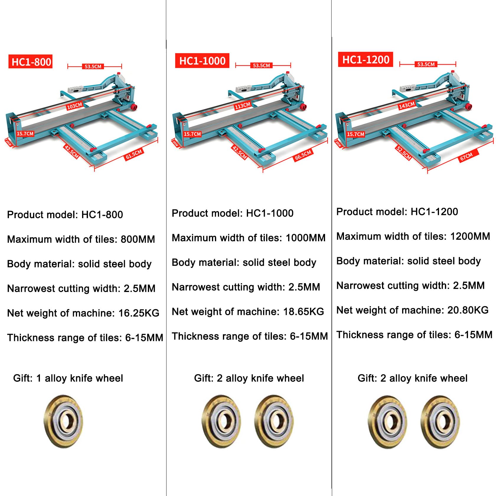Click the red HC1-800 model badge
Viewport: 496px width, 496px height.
pos(30,62)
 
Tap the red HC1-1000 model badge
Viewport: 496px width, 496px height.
pos(202,61)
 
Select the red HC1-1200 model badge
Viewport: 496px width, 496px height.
pos(366,60)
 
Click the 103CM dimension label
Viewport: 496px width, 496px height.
pos(74,106)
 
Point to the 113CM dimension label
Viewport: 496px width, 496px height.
pos(242,105)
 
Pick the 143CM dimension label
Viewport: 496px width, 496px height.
pos(407,105)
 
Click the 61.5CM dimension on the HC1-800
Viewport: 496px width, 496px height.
pos(134,154)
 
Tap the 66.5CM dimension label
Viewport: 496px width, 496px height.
pos(303,155)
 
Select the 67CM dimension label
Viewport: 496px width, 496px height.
pos(466,156)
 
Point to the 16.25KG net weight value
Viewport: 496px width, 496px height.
pos(139,313)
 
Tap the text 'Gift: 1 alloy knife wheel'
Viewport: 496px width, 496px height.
pos(68,378)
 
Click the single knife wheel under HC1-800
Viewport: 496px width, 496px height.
pos(63,421)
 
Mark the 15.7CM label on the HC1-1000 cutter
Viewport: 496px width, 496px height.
pos(192,134)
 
